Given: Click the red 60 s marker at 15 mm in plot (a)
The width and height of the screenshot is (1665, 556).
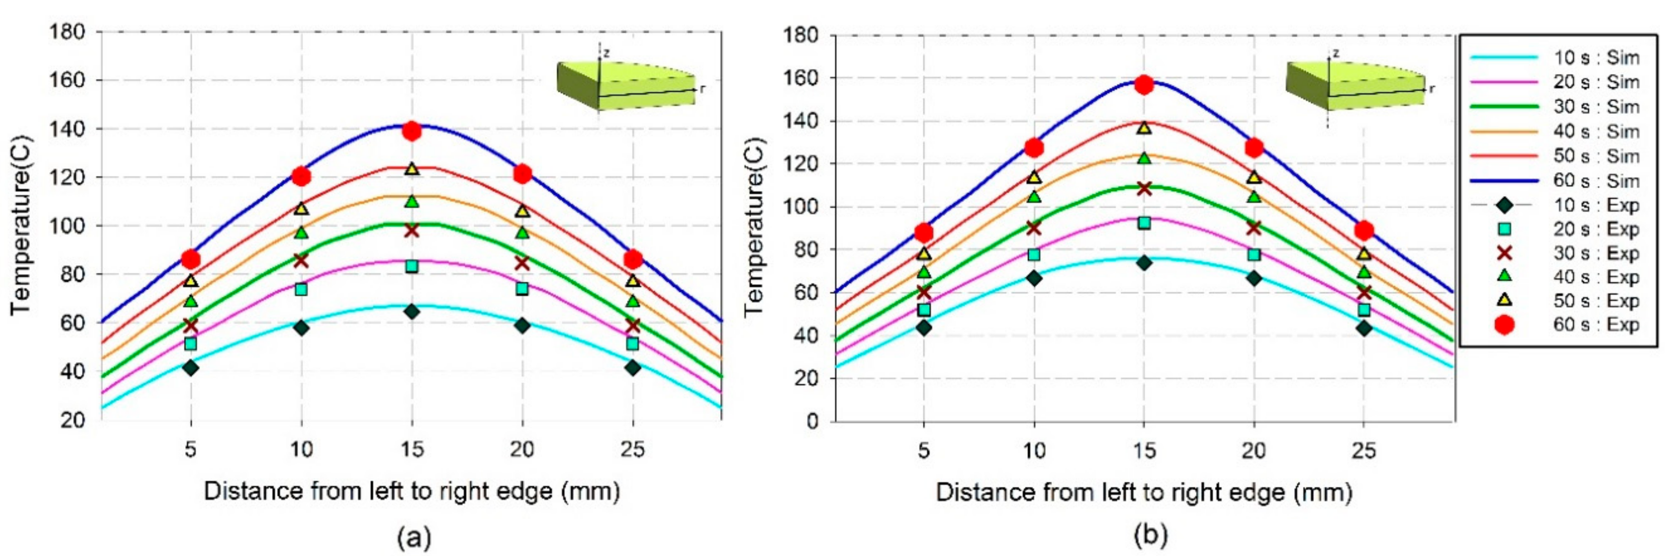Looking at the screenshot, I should [412, 131].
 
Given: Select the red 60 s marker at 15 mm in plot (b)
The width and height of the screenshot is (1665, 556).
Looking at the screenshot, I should [1144, 85].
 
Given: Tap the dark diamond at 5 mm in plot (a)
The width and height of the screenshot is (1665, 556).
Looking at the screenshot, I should [190, 368].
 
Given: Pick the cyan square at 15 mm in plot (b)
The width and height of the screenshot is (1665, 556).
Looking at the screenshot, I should [1144, 223].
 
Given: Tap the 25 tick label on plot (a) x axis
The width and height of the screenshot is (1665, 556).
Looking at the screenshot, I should [633, 449].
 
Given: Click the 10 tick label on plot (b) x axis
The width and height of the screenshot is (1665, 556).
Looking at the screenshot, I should [1034, 451].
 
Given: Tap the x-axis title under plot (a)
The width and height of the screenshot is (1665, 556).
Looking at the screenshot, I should [412, 491].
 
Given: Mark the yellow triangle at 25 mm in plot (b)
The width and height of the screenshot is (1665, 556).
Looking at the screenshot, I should [1364, 253].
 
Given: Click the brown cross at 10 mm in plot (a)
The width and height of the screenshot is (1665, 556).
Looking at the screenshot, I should [301, 260].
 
